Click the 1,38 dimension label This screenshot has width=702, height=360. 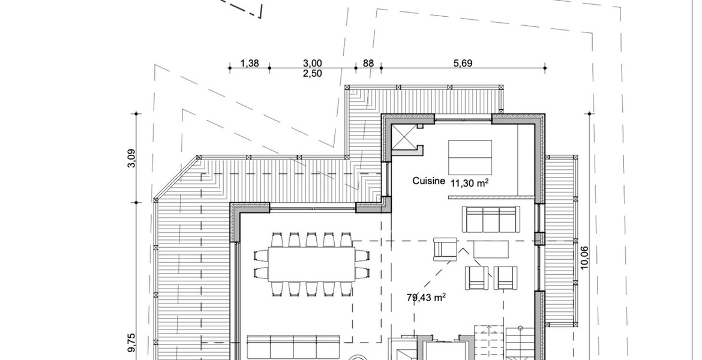250,63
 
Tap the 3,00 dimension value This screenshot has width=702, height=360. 312,63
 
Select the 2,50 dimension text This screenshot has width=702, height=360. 312,73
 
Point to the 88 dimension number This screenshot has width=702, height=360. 368,63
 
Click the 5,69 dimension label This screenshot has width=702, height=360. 463,63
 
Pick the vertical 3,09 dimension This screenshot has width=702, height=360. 131,158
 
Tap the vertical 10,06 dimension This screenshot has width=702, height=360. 584,258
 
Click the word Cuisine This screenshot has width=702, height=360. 428,181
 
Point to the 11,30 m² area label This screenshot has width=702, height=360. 469,182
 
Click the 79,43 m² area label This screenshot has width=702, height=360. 426,298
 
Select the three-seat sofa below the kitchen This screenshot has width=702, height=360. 491,220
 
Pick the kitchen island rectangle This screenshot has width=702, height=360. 470,157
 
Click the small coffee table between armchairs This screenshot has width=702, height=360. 491,250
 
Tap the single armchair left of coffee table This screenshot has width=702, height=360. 445,250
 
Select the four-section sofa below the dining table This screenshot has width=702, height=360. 293,347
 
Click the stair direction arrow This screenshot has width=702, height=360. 488,342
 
